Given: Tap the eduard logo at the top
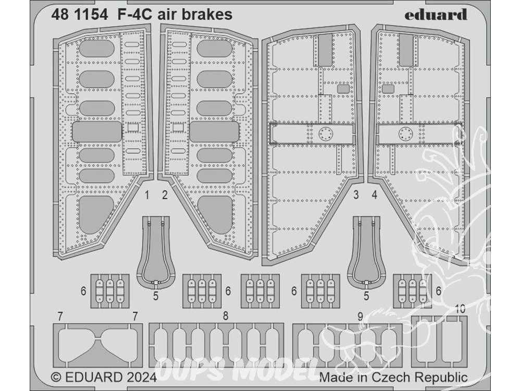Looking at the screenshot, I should point(436,14).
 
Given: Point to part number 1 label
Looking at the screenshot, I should point(147,196).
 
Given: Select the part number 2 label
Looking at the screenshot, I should point(165,196).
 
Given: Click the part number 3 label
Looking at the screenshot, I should point(356,196).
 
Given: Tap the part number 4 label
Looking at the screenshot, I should point(374,196).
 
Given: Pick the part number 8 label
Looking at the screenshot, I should point(225,316).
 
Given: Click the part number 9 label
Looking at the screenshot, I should point(360,316).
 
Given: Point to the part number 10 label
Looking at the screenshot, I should point(460,309).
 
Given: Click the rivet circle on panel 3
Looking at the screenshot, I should point(326,134).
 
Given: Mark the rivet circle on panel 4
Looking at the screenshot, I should point(405,134).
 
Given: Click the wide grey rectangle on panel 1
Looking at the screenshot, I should point(97,132).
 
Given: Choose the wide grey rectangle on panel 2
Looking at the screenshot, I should point(214,132).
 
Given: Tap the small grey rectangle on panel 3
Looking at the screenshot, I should point(343,89).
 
